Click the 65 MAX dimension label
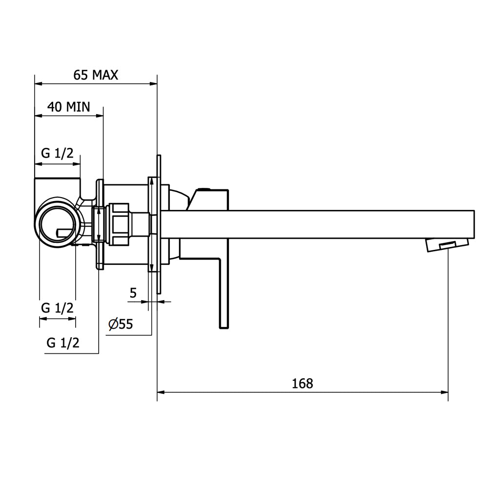[x=96, y=75]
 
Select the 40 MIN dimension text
[x=69, y=107]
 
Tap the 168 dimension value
[x=302, y=384]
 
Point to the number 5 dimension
[x=133, y=293]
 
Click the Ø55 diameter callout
[x=121, y=325]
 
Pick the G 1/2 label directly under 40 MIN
[x=57, y=153]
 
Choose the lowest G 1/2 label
[x=63, y=343]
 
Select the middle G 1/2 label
[x=57, y=308]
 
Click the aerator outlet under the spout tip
[x=447, y=245]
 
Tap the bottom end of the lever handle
[x=224, y=328]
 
